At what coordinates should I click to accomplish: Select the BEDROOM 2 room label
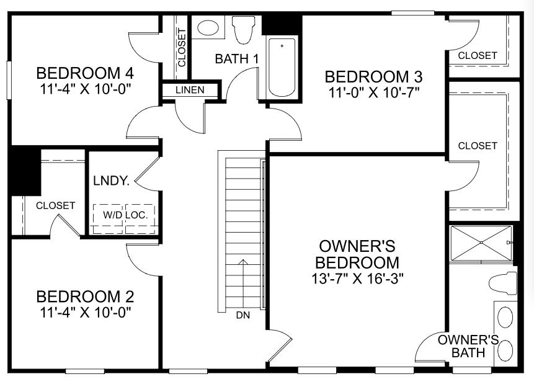coord(85,296)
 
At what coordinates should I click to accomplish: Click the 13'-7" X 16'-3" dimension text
coord(358,278)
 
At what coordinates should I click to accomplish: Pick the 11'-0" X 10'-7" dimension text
coord(374,92)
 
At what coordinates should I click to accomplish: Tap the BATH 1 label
coord(236,59)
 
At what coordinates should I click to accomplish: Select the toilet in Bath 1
coord(244,29)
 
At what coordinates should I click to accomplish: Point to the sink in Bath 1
coord(207,28)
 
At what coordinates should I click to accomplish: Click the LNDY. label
coord(111,181)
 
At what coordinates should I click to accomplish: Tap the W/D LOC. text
coord(124,215)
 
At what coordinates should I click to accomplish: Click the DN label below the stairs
coord(243,315)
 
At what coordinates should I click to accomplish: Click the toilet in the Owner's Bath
coord(503,283)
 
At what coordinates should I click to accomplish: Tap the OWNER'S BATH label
coord(468,346)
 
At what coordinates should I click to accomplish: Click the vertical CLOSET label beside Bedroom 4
coord(182,48)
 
